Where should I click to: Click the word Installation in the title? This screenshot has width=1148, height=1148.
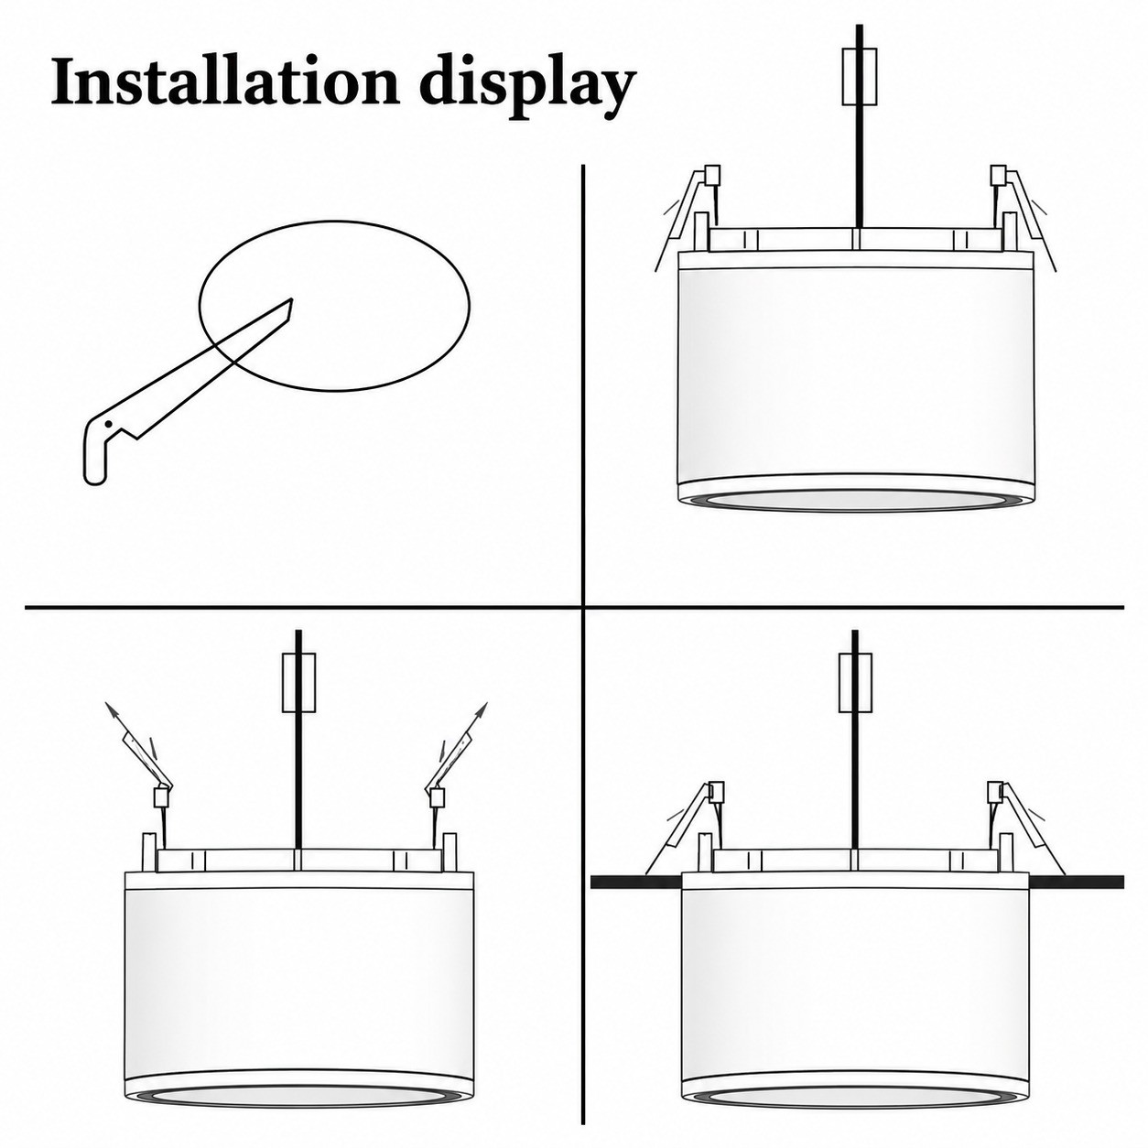point(224,83)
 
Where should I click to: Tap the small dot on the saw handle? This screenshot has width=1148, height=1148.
point(108,423)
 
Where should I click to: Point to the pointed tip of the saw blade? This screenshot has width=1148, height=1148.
point(291,298)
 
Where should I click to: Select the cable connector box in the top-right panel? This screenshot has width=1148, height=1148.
point(860,77)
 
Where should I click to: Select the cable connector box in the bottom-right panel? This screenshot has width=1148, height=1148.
point(855,682)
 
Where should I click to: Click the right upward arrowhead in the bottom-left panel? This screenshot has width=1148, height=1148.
point(482,709)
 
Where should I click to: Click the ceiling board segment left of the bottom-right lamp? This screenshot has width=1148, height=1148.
point(636,882)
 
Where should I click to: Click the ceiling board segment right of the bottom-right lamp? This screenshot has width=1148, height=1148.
point(1076,882)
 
